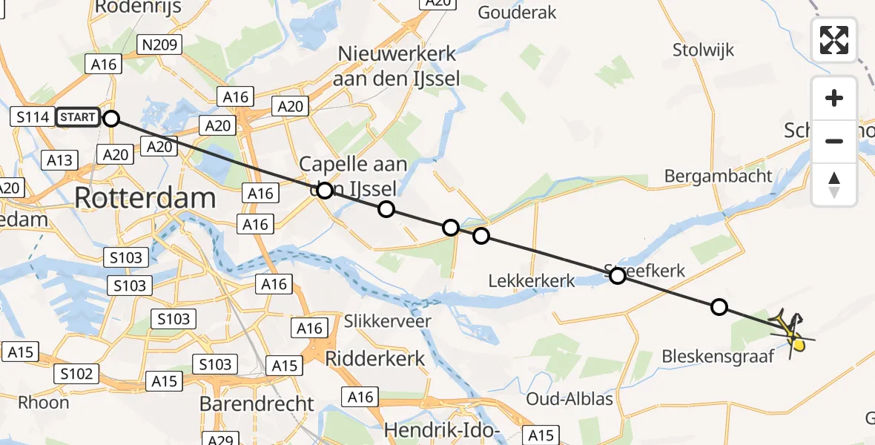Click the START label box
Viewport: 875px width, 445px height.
click(x=77, y=117)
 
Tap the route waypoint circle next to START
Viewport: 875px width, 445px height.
click(x=110, y=118)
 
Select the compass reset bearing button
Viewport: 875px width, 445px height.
click(x=834, y=185)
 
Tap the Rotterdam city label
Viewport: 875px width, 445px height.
click(x=145, y=198)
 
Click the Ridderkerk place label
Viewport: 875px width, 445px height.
click(x=375, y=359)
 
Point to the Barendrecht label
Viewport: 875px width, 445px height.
click(x=257, y=404)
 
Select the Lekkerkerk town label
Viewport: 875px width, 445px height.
click(x=532, y=281)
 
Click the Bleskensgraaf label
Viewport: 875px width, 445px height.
click(x=718, y=356)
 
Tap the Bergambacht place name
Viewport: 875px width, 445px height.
click(x=718, y=177)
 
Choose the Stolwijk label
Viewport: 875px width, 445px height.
click(x=703, y=50)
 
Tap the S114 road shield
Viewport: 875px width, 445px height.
click(x=33, y=117)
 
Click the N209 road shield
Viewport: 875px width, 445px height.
click(x=159, y=46)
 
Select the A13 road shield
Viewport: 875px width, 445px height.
click(x=59, y=160)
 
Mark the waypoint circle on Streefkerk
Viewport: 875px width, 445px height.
click(x=617, y=276)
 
